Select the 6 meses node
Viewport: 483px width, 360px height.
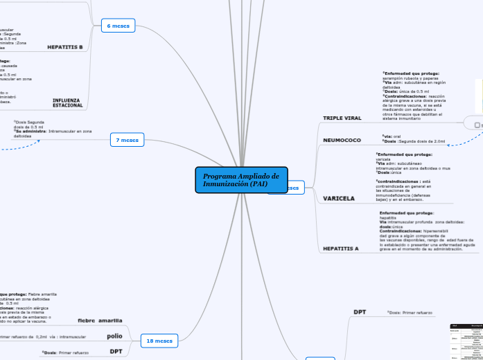coord(117,26)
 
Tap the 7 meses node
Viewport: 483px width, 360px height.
coord(127,140)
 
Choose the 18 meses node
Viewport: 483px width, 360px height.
coord(159,341)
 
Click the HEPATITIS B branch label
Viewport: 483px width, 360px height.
coord(65,47)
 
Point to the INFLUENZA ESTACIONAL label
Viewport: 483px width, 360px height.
coord(67,102)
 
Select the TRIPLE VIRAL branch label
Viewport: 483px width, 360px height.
coord(342,118)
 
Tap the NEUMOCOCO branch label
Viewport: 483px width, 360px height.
coord(342,140)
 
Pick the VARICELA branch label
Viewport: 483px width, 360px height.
coord(339,198)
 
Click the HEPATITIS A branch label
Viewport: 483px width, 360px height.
coord(341,247)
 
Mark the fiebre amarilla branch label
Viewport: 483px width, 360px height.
coord(100,321)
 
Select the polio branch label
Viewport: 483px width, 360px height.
coord(114,336)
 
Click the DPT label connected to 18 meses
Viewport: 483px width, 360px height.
coord(116,352)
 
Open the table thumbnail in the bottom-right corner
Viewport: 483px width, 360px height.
coord(466,341)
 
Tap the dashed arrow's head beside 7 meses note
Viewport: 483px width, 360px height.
coord(39,141)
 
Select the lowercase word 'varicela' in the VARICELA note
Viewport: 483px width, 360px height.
coord(383,159)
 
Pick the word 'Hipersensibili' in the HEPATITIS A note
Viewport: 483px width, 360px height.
coord(438,231)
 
